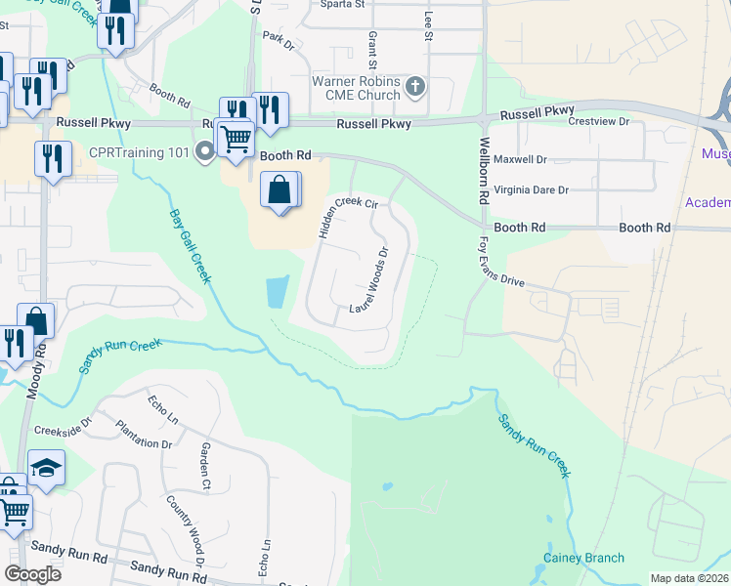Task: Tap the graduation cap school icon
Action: pos(46,469)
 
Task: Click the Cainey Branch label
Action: pos(583,559)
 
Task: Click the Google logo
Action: pos(32,573)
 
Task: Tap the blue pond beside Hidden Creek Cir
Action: pos(277,291)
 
